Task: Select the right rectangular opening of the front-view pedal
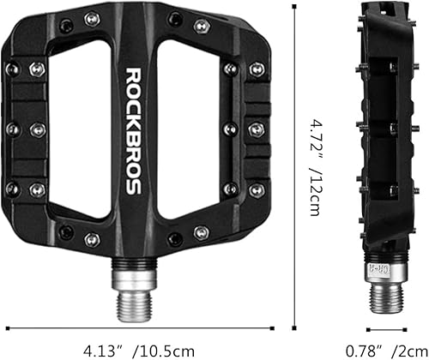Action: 190,129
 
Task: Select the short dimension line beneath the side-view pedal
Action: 385,327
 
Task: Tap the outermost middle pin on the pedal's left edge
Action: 12,129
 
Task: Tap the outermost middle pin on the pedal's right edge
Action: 257,129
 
